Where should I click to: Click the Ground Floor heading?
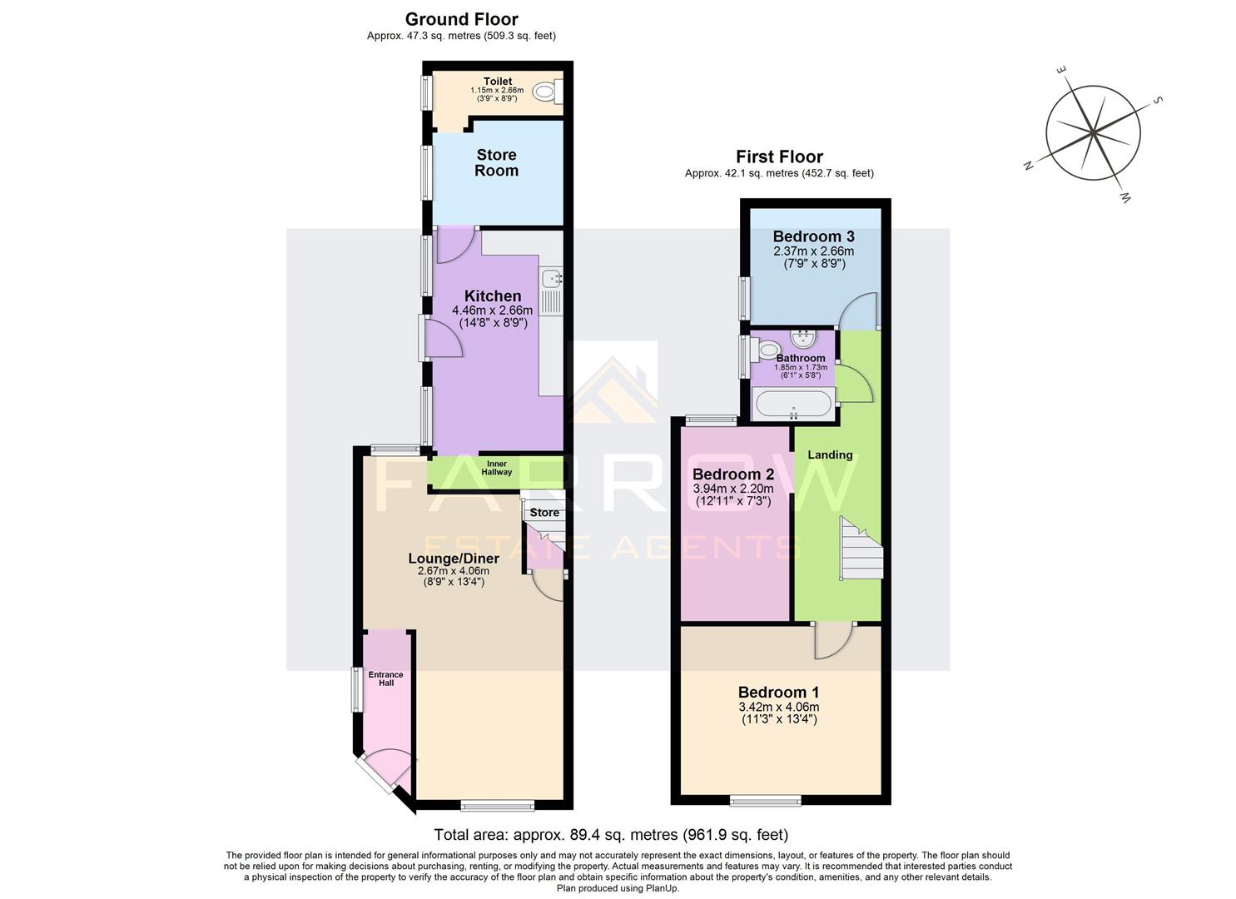(461, 19)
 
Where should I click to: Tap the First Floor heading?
(779, 156)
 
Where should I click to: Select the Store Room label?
(497, 162)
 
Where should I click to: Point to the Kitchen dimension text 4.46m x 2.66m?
(493, 310)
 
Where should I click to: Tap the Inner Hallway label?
(497, 468)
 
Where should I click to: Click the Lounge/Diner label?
(454, 558)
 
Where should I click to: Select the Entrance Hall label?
(386, 678)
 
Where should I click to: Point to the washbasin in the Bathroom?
(803, 339)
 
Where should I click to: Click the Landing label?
(830, 454)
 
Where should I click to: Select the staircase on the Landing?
(860, 549)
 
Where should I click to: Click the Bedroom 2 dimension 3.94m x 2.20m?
(733, 489)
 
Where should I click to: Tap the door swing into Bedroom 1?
(832, 639)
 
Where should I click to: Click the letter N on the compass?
(1029, 166)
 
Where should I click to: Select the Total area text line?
(611, 834)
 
